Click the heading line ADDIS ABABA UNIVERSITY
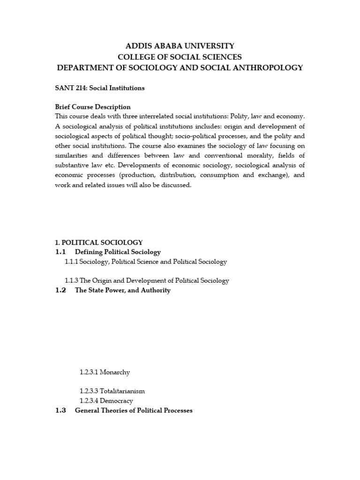[180, 46]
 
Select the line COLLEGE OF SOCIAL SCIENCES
[180, 57]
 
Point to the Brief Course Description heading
[93, 107]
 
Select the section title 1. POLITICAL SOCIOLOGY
[99, 242]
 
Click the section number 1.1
[61, 252]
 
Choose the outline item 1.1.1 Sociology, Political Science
[146, 262]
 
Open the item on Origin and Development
[147, 281]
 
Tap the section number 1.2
[61, 291]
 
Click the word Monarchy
[114, 372]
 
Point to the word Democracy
[116, 401]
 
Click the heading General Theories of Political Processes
[134, 411]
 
